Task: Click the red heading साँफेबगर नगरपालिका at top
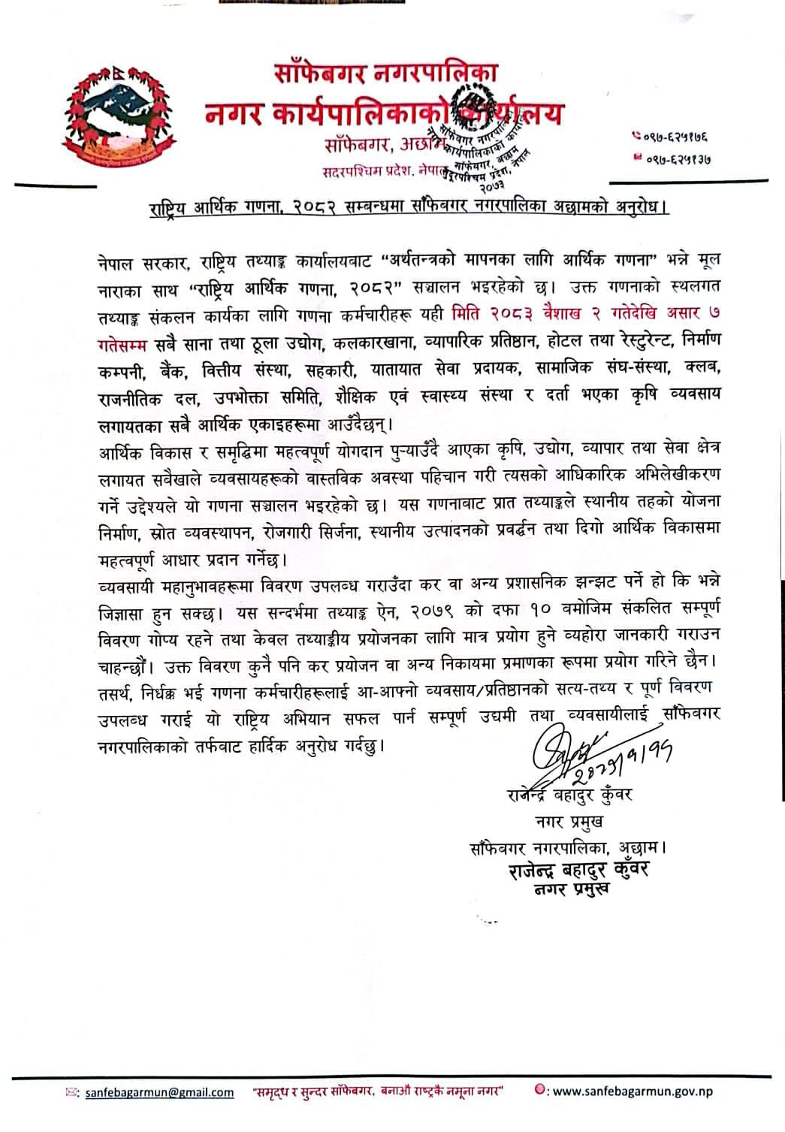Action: (x=385, y=75)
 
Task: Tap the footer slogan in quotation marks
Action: (x=377, y=1091)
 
